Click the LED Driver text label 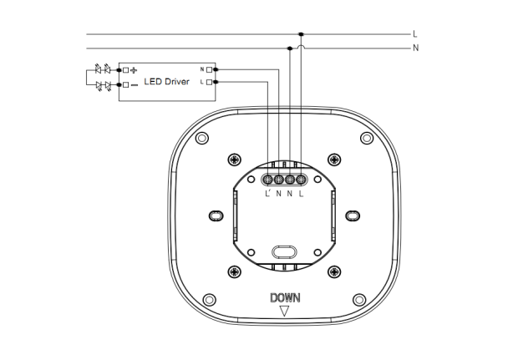pyautogui.click(x=166, y=82)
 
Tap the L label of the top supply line pyautogui.click(x=415, y=34)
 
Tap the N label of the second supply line pyautogui.click(x=415, y=48)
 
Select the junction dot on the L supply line pyautogui.click(x=301, y=34)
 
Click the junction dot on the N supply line pyautogui.click(x=290, y=48)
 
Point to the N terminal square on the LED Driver pyautogui.click(x=209, y=69)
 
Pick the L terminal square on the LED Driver pyautogui.click(x=209, y=82)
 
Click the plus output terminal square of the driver pyautogui.click(x=125, y=70)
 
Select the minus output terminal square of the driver pyautogui.click(x=125, y=85)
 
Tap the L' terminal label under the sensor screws pyautogui.click(x=267, y=194)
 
